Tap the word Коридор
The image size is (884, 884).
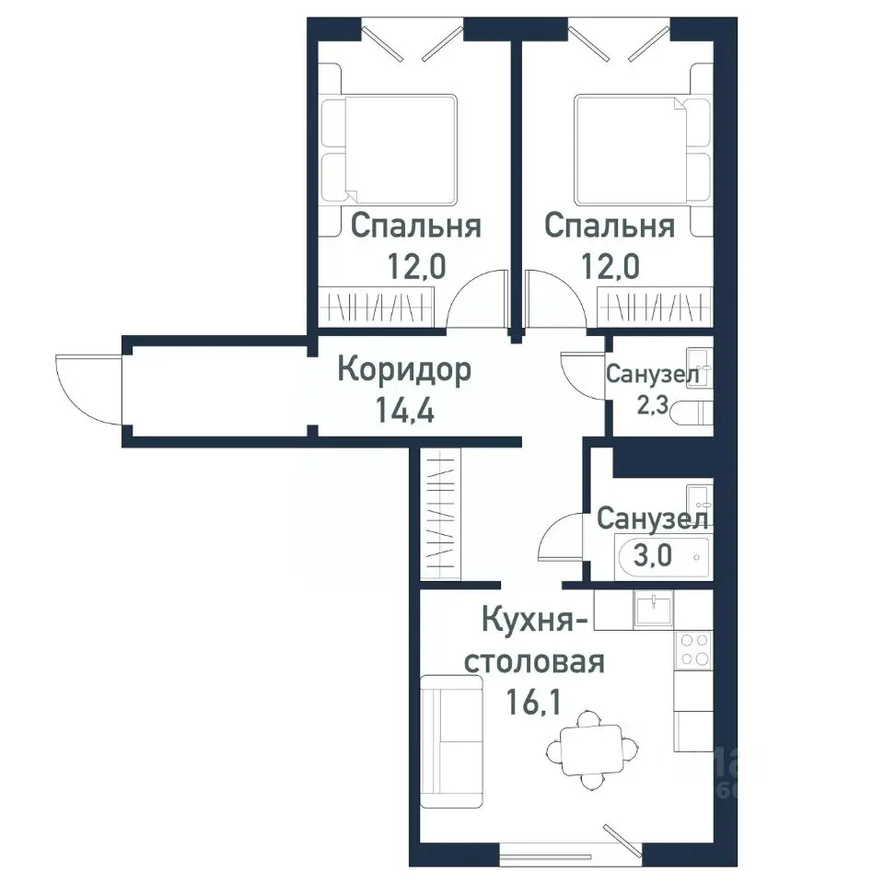pos(404,370)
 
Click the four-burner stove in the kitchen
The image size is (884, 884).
pos(692,650)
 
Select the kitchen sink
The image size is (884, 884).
pos(653,608)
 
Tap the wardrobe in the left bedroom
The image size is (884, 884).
pos(377,304)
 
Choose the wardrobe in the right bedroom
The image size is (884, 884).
pos(656,304)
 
